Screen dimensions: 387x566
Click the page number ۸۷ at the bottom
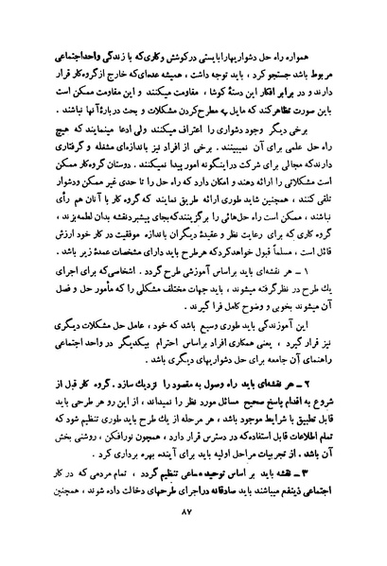coord(195,538)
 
